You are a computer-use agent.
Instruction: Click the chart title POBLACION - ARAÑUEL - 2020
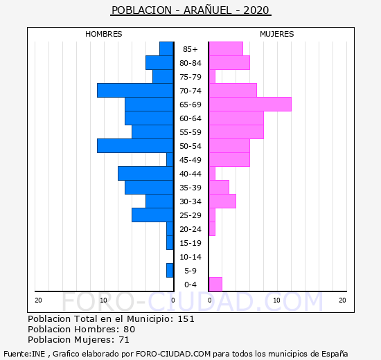[190, 10]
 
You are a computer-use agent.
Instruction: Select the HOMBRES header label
[104, 34]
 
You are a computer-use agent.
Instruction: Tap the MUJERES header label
[277, 34]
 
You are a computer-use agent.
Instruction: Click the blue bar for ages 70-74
[135, 91]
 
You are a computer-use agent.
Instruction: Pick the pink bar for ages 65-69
[250, 105]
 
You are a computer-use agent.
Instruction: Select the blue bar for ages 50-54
[135, 146]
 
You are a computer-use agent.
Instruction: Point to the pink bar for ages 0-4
[215, 285]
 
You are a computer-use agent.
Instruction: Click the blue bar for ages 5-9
[170, 271]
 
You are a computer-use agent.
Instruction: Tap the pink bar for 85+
[226, 49]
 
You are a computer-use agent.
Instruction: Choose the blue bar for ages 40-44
[145, 174]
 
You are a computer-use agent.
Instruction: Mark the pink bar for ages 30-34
[222, 201]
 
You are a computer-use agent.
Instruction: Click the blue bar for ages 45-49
[170, 160]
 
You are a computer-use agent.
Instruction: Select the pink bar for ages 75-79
[212, 77]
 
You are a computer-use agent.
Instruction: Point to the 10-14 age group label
[190, 257]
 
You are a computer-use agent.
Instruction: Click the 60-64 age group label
[190, 118]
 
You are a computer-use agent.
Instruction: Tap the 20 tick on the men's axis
[38, 300]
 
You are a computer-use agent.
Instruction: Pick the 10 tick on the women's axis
[277, 300]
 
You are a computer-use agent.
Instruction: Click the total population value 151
[186, 318]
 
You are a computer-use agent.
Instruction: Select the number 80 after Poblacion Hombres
[130, 329]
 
